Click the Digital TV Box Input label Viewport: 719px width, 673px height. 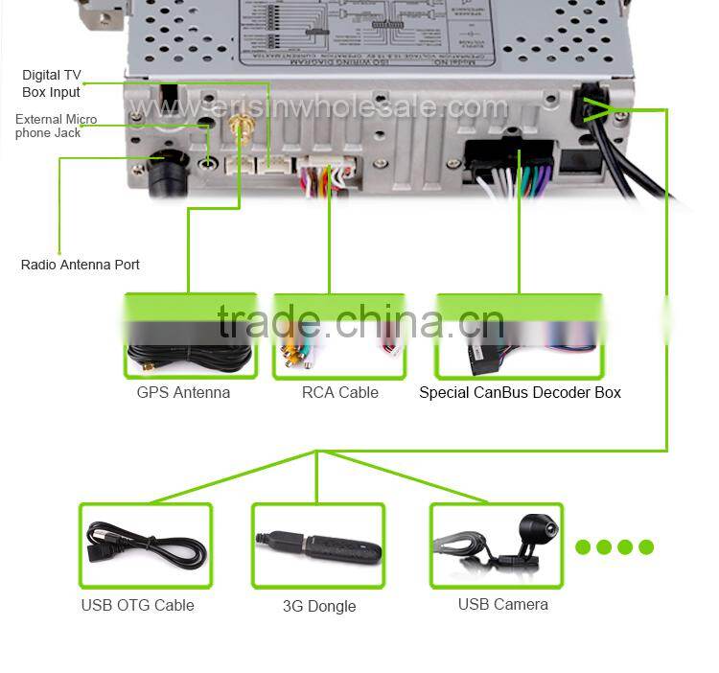click(x=52, y=83)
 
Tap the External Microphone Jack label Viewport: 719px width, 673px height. click(x=56, y=126)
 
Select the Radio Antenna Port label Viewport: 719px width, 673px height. click(x=81, y=265)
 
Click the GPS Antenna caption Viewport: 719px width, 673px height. click(x=183, y=392)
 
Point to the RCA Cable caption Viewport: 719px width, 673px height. click(x=339, y=392)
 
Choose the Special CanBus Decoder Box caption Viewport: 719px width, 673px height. click(x=520, y=392)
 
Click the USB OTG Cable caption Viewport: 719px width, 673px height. click(x=137, y=605)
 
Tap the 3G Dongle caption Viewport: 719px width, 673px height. click(x=319, y=606)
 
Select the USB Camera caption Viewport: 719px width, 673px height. click(x=502, y=604)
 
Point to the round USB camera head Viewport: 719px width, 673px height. click(x=534, y=526)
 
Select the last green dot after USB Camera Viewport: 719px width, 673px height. click(x=646, y=547)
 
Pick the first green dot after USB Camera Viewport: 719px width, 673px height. click(x=583, y=547)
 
